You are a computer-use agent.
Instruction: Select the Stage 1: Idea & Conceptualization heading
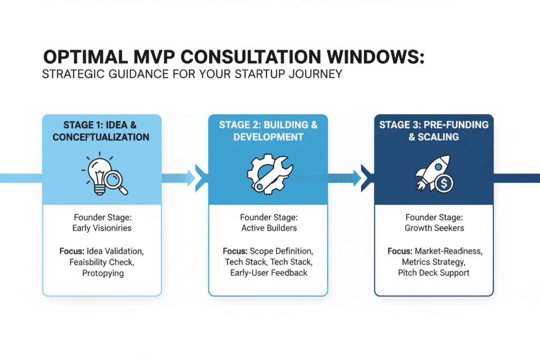pos(102,131)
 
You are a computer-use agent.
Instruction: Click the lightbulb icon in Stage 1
pos(97,172)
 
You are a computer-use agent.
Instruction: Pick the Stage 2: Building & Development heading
pos(268,131)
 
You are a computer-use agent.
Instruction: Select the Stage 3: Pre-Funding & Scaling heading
pos(433,131)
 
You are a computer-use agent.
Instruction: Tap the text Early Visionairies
pos(102,228)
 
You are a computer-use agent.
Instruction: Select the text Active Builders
pos(268,228)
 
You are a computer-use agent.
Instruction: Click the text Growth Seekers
pos(433,228)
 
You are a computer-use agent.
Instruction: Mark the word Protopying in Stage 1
pos(102,273)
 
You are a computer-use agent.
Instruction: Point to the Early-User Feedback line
pos(268,273)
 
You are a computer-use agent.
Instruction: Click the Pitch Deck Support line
pos(433,273)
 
